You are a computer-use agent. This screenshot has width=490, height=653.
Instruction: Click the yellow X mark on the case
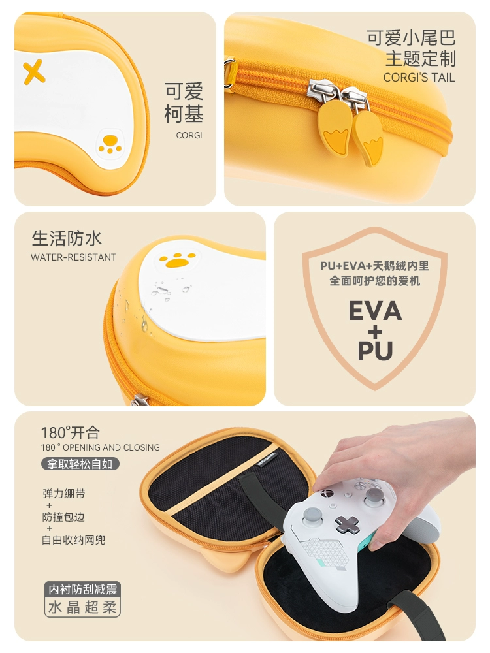pos(34,72)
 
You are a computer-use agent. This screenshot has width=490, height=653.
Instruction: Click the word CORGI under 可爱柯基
pos(189,135)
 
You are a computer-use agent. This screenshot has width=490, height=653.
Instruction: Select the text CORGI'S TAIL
pos(419,78)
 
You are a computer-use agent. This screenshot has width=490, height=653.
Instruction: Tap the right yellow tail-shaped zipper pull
pos(368,137)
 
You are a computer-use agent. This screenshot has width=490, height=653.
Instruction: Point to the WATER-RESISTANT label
pos(73,257)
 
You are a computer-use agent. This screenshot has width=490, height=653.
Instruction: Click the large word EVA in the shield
pos(375,310)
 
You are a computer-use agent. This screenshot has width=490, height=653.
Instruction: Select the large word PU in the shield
pos(375,350)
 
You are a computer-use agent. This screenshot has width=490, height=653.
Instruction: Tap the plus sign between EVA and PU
pos(375,332)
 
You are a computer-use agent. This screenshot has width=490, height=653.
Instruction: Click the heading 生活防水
pos(67,238)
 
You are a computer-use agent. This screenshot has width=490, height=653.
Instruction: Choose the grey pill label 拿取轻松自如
pos(80,464)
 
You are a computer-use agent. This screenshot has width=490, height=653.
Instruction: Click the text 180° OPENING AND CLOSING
pos(101,447)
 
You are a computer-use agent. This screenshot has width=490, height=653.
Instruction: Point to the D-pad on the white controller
pos(348,524)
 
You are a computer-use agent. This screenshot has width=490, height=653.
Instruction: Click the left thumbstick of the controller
pos(312,516)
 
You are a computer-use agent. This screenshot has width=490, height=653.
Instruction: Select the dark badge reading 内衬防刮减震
pos(82,589)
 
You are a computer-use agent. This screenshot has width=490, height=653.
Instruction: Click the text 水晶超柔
pos(82,607)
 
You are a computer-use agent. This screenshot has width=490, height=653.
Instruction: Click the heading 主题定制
pos(420,58)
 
